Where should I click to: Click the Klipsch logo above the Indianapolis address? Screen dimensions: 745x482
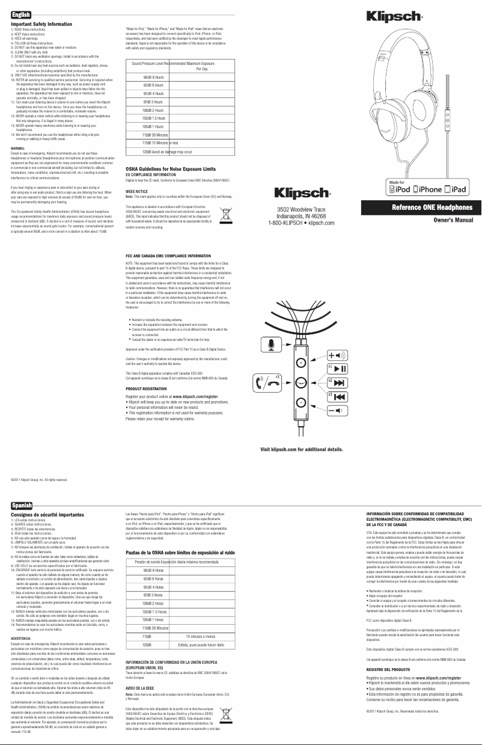[x=302, y=194]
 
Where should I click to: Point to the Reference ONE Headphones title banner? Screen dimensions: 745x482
[x=420, y=207]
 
